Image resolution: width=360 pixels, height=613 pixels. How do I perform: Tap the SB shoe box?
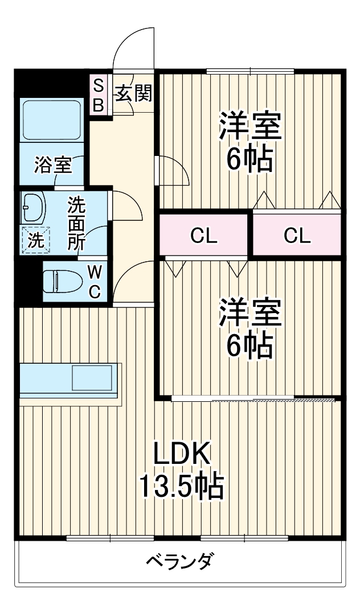[x=99, y=95]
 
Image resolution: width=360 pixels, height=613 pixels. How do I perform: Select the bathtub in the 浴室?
[x=52, y=120]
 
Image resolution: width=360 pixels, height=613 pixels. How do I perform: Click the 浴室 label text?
[x=52, y=165]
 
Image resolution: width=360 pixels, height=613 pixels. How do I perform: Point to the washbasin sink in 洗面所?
[x=34, y=207]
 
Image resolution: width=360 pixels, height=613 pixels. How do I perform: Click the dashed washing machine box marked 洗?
[x=36, y=240]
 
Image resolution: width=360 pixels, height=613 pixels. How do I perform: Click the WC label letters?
[x=95, y=281]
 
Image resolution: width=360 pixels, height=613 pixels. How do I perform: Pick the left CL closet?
[x=204, y=235]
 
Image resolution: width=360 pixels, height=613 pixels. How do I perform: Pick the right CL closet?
[x=298, y=235]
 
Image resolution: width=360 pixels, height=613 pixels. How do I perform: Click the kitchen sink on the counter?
[x=91, y=377]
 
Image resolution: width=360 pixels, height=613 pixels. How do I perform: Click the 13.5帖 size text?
[x=182, y=486]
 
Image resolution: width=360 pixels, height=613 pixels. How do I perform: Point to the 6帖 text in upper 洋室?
[x=249, y=161]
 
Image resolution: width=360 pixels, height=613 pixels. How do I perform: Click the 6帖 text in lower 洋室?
[x=249, y=345]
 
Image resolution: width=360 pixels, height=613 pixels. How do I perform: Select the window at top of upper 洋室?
[x=250, y=71]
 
